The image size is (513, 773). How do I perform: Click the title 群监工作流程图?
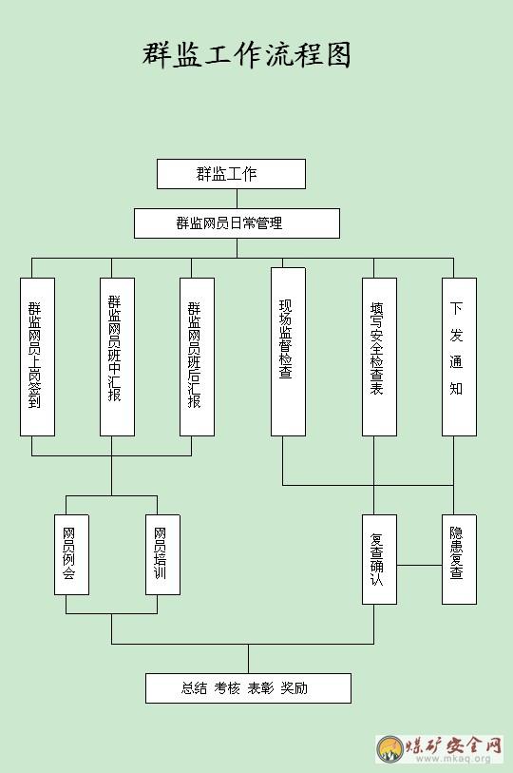[247, 54]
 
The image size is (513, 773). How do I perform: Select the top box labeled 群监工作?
[231, 174]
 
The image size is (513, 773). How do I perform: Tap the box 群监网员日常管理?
[237, 223]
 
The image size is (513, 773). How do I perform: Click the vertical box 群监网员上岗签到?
[37, 357]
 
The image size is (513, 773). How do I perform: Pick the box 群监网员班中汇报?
[117, 357]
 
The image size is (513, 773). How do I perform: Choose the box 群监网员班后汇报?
[197, 357]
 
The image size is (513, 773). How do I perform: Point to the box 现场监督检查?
[288, 352]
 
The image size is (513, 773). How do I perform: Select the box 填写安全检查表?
[379, 357]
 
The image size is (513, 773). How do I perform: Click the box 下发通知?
[459, 357]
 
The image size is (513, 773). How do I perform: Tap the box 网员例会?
[72, 554]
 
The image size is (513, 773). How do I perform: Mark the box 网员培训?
[163, 554]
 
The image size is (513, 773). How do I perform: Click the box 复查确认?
[379, 559]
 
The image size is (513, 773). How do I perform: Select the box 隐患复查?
[459, 559]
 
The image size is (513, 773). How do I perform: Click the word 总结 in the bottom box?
[194, 688]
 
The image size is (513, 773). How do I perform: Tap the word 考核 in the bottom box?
[227, 688]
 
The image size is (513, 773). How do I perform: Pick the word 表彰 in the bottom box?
[260, 688]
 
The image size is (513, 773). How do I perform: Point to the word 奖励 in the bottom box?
[294, 688]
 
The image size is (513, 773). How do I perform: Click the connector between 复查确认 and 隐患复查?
[419, 565]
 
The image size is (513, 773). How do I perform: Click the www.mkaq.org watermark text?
[454, 758]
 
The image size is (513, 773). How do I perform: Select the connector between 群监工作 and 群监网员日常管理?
[237, 199]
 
